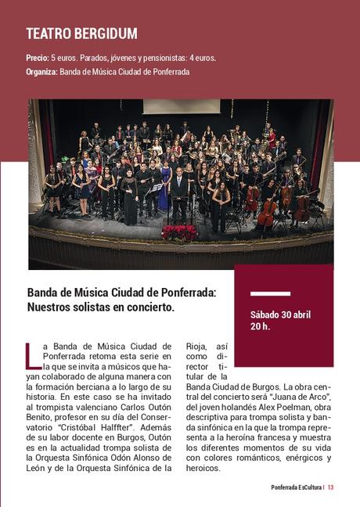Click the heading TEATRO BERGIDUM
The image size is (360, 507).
coord(81,34)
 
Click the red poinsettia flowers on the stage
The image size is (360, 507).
coord(179,232)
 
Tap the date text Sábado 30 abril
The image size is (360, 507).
coord(280,315)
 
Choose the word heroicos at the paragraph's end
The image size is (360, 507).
coord(203,468)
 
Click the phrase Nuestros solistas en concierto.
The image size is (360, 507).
coord(101,307)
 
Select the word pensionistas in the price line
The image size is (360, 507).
coord(167,58)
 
